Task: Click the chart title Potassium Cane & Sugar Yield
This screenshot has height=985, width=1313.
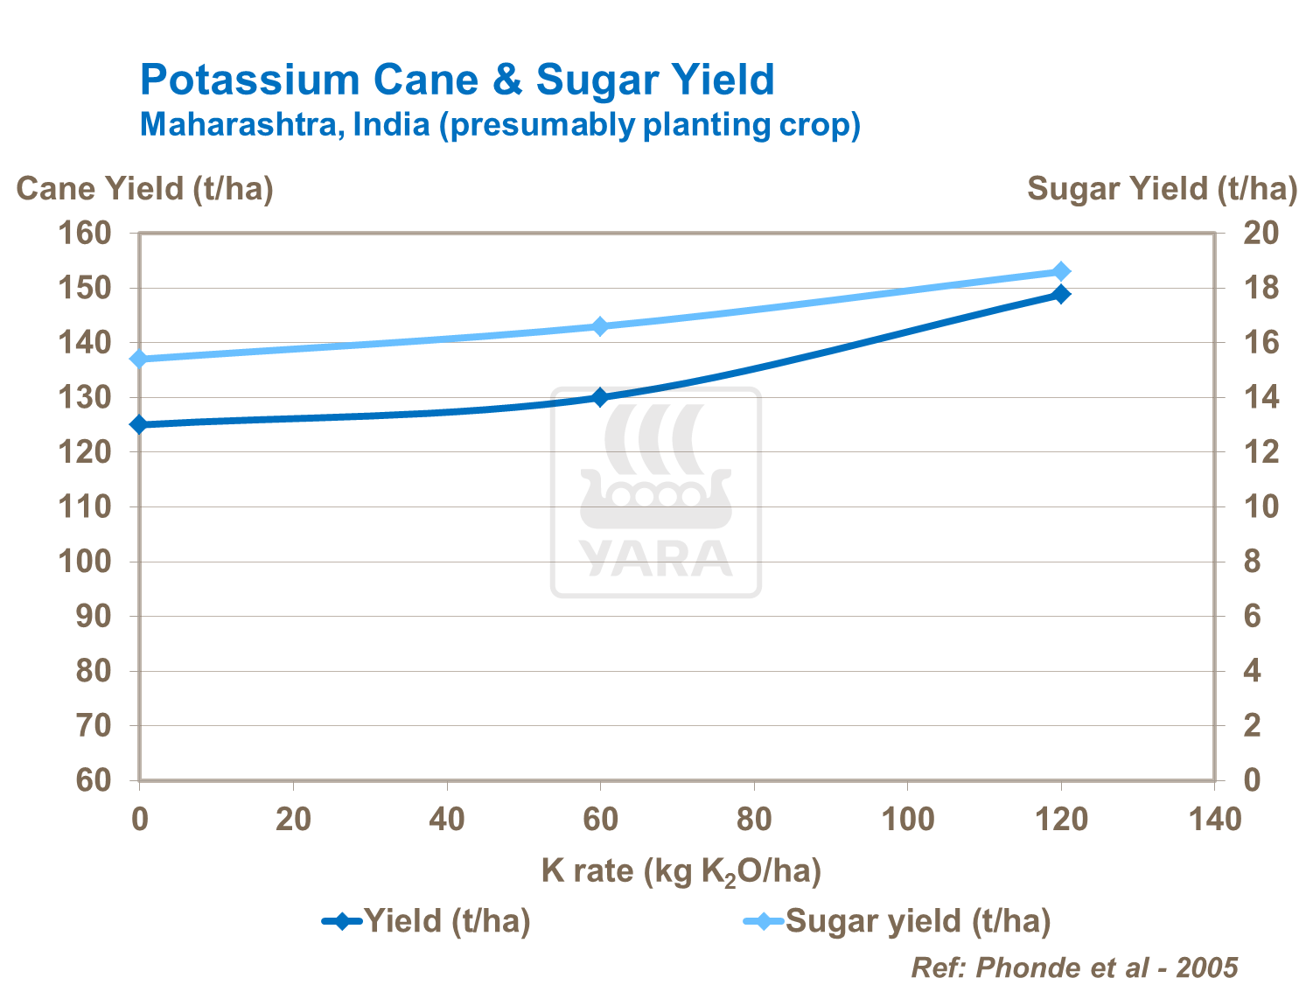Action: (x=457, y=80)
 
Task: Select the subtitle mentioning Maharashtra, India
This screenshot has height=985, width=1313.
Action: (x=499, y=124)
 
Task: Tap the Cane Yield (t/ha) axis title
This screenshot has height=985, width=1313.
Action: (x=144, y=189)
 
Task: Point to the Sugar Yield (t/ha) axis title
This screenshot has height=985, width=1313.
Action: (x=1161, y=189)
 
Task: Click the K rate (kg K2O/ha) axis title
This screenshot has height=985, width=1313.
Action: (x=681, y=870)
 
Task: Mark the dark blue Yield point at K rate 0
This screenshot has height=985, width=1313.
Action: (x=139, y=424)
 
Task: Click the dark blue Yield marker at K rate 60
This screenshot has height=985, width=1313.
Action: (x=600, y=397)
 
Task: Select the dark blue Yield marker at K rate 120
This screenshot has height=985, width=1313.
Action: (x=1061, y=294)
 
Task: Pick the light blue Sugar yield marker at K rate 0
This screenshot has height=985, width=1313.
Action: (x=139, y=359)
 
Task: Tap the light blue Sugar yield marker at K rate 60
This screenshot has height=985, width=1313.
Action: (x=600, y=326)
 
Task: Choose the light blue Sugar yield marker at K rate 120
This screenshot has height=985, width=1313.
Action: (x=1061, y=271)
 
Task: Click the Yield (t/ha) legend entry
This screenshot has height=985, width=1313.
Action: (x=427, y=921)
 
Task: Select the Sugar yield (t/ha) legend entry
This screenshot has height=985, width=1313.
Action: (x=897, y=921)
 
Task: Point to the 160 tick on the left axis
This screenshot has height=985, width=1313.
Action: (x=85, y=234)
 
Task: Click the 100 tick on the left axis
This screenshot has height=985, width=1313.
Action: (x=85, y=562)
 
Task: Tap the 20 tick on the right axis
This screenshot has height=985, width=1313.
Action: (x=1261, y=234)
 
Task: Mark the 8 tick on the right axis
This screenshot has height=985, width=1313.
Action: (x=1252, y=562)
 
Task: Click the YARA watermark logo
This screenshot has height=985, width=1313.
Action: (x=656, y=492)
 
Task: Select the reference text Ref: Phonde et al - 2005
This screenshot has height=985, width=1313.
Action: (x=1074, y=968)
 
